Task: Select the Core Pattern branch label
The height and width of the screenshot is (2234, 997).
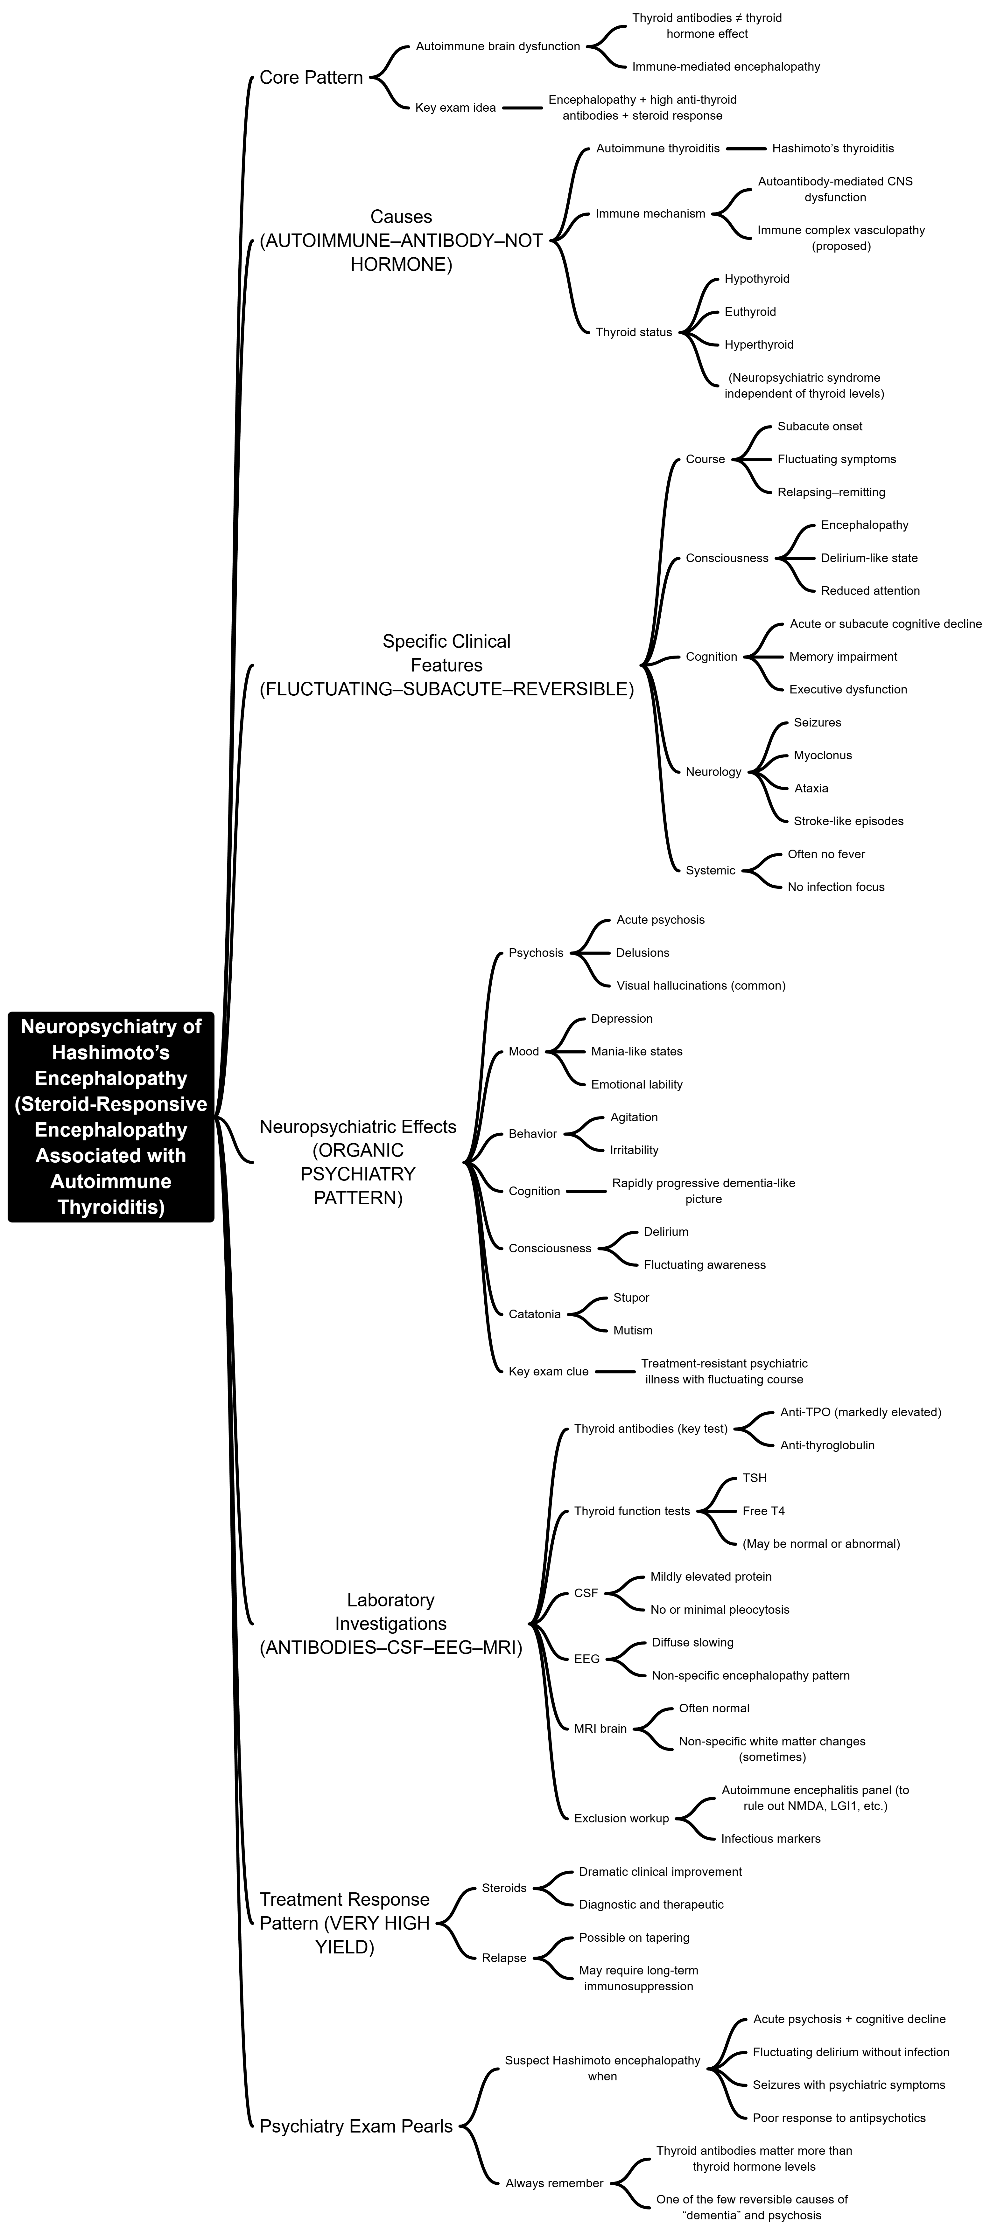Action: (311, 77)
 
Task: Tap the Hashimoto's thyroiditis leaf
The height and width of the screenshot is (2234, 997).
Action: (832, 148)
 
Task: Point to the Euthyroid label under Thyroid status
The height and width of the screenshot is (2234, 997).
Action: (750, 311)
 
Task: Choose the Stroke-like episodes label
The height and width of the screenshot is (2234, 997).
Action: (848, 821)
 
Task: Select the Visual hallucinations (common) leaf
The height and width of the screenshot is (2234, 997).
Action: (700, 985)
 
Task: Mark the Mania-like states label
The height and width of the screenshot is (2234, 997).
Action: (636, 1051)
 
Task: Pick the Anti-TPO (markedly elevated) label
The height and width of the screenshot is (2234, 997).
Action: (860, 1412)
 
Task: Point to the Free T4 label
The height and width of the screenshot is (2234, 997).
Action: (763, 1511)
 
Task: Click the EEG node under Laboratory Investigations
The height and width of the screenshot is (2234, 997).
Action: (586, 1658)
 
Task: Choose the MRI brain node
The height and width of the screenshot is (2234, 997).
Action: (600, 1729)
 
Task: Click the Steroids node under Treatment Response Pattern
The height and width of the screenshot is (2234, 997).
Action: (503, 1888)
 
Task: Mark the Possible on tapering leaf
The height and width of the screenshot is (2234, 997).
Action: (634, 1938)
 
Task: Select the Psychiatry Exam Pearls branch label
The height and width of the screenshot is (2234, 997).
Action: (356, 2126)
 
